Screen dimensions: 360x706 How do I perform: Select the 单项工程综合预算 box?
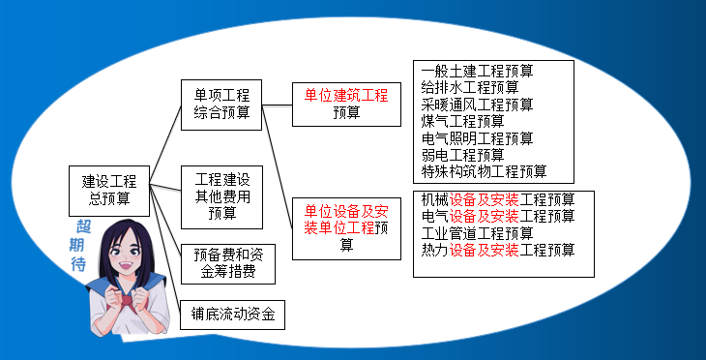tap(222, 105)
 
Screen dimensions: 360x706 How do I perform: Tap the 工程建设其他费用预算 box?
tap(222, 195)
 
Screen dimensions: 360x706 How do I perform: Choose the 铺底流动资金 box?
tap(233, 314)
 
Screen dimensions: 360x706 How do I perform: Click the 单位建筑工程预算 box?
tap(346, 104)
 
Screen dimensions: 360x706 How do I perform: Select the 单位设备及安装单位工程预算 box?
tap(346, 227)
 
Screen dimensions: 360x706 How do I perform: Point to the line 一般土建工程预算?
tap(478, 71)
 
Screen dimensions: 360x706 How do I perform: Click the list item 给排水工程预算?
tap(470, 87)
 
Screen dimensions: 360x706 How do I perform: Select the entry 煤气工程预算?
tap(463, 121)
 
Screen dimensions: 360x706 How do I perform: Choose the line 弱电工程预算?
tap(463, 155)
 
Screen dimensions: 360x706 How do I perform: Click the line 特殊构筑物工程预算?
tap(485, 172)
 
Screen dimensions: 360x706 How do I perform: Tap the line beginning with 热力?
tap(499, 250)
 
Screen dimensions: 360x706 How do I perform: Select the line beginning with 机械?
tap(499, 199)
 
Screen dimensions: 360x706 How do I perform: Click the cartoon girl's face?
tap(126, 255)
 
